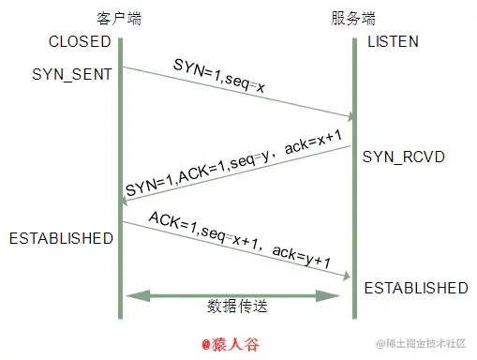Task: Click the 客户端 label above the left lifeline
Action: [119, 18]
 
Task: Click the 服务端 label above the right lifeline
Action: [354, 18]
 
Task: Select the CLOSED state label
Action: [81, 41]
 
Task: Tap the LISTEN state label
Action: [394, 42]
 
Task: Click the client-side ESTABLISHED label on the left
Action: [61, 238]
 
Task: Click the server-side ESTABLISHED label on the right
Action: [415, 287]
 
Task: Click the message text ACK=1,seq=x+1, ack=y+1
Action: [237, 240]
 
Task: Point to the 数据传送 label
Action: [236, 307]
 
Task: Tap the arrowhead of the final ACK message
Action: [348, 277]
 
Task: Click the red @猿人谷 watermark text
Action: [230, 344]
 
